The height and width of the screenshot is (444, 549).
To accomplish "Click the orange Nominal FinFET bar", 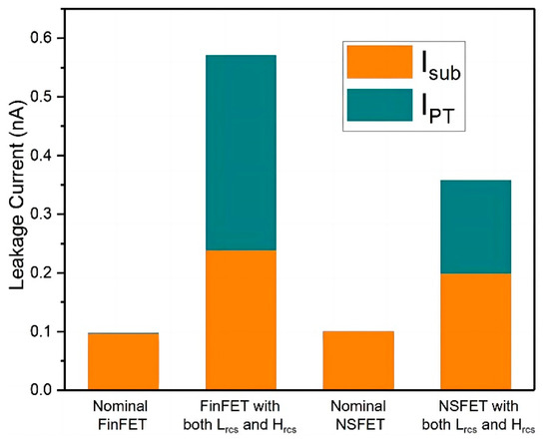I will (123, 361).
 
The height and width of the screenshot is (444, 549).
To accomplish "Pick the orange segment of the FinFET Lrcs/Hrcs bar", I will (241, 319).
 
